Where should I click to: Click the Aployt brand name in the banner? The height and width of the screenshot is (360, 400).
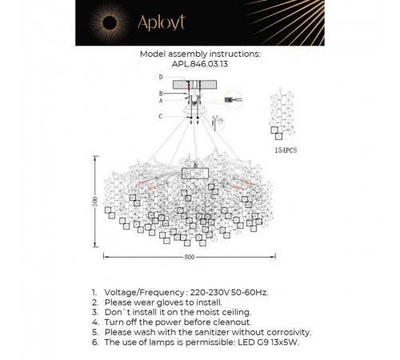pyautogui.click(x=161, y=22)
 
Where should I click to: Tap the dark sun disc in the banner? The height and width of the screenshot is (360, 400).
pyautogui.click(x=110, y=22)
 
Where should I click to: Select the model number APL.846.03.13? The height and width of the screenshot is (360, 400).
pyautogui.click(x=200, y=64)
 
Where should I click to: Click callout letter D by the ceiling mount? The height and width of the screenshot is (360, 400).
pyautogui.click(x=161, y=77)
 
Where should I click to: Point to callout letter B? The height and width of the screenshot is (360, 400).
pyautogui.click(x=161, y=94)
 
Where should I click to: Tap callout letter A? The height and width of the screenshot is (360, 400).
pyautogui.click(x=161, y=101)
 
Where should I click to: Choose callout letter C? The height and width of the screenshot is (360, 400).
pyautogui.click(x=161, y=116)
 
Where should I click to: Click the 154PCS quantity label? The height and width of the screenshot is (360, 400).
pyautogui.click(x=286, y=150)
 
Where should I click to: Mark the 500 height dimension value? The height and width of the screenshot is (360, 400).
pyautogui.click(x=95, y=202)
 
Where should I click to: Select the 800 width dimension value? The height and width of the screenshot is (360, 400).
pyautogui.click(x=190, y=257)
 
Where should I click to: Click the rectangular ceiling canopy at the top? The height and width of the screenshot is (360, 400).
pyautogui.click(x=194, y=85)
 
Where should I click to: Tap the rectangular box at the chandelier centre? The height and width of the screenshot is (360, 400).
pyautogui.click(x=195, y=174)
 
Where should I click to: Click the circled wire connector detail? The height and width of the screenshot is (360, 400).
pyautogui.click(x=233, y=100)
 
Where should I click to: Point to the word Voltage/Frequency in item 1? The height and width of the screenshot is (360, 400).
pyautogui.click(x=144, y=293)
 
